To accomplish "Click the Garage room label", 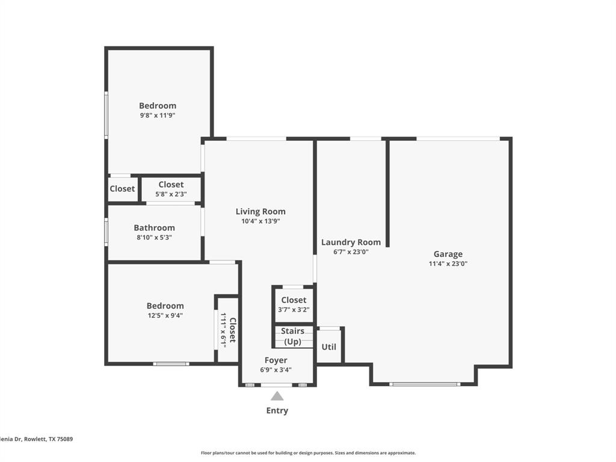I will coord(448,254).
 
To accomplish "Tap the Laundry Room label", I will coord(351,242).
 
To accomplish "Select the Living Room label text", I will coord(260,212).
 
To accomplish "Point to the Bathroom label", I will coord(154,228).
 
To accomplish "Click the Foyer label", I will coord(276,360).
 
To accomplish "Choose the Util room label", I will coord(328,347).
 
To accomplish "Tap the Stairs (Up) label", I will coord(293,336).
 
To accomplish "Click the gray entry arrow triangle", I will coord(277,396).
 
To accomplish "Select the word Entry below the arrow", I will coord(277,411).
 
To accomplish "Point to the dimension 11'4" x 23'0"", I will coord(448,264).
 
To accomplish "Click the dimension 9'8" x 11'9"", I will coord(158,115).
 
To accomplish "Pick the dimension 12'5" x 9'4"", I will coord(165,315).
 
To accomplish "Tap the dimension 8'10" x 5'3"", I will coord(154,238).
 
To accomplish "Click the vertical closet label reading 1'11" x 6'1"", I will coord(228,330).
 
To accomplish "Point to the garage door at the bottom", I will coord(425,384).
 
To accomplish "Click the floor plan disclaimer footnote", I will coord(308,453).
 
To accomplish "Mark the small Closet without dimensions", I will coord(122,189).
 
